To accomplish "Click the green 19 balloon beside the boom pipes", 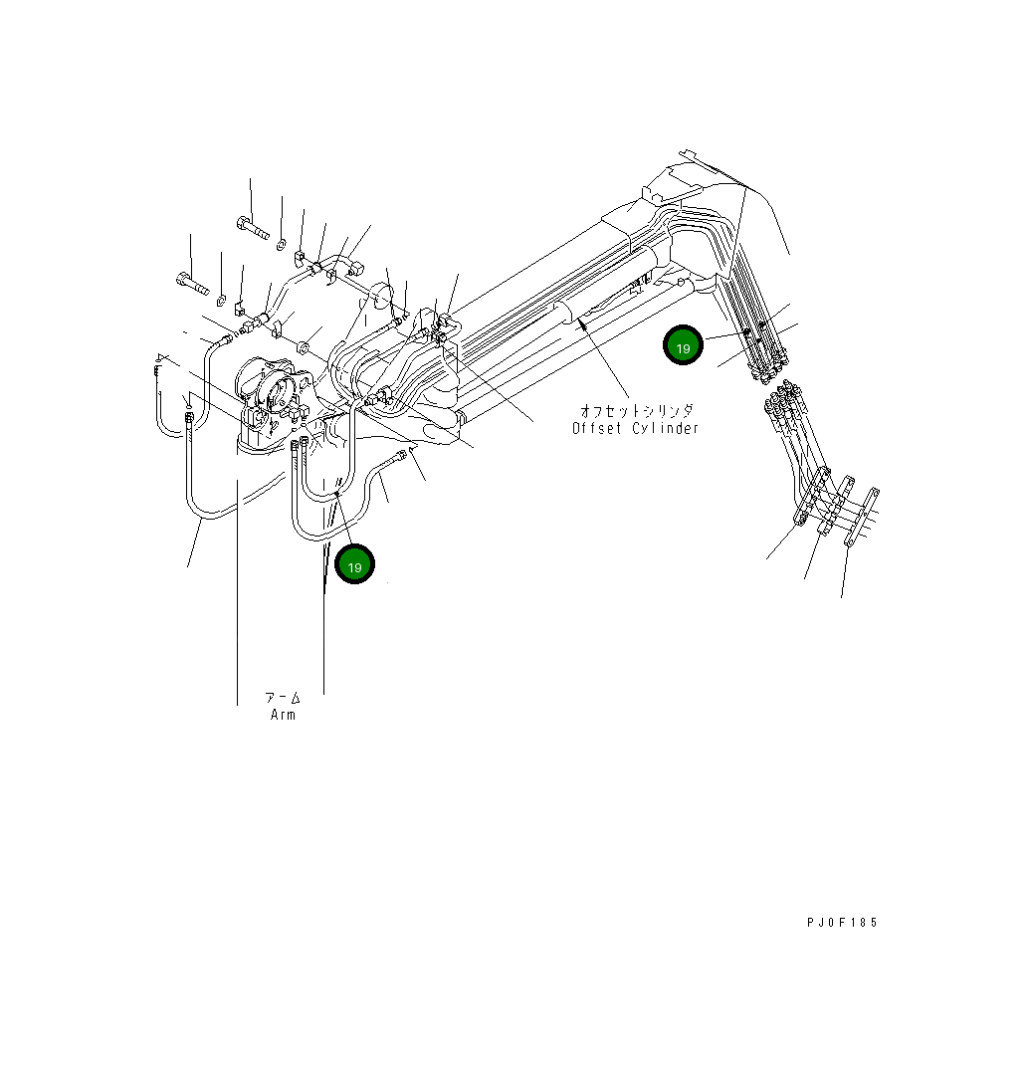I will pos(683,346).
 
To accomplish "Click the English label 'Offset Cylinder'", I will pos(635,428).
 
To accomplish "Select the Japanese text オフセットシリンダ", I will pos(637,410).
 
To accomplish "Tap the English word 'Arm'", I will pos(283,715).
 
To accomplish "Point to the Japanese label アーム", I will pos(283,697).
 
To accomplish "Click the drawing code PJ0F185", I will pos(842,923).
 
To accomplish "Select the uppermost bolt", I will pos(254,229).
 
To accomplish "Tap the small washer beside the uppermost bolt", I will pos(282,244).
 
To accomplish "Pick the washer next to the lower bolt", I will pos(221,300).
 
